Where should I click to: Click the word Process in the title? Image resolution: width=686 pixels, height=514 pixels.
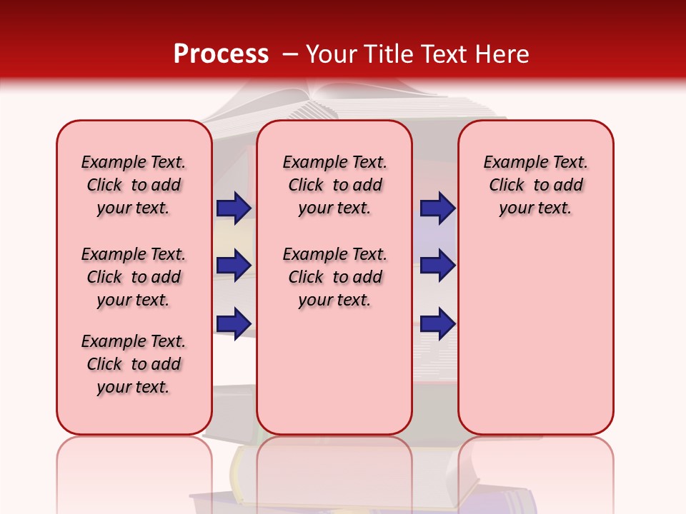click(x=221, y=54)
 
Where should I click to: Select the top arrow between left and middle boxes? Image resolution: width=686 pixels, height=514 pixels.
click(x=234, y=208)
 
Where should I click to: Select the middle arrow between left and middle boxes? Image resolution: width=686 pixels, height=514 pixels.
click(x=234, y=266)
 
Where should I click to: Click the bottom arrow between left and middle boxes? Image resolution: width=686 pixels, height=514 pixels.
click(x=234, y=323)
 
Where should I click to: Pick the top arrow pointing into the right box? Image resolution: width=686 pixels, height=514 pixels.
click(x=437, y=208)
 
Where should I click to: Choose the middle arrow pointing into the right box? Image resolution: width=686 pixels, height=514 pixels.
click(x=437, y=266)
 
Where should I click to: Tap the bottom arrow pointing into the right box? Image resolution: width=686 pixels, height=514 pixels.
click(x=437, y=323)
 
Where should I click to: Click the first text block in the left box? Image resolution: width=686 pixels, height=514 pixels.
click(x=134, y=185)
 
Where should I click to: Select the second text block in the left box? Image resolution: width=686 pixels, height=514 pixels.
click(x=134, y=277)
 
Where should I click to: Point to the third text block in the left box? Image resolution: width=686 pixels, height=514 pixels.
click(x=134, y=364)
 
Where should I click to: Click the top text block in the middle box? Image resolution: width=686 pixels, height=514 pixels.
click(x=334, y=185)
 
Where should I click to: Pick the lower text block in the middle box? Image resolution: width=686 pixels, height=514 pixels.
click(x=334, y=277)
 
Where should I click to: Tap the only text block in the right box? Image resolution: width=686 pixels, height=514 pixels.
click(x=535, y=185)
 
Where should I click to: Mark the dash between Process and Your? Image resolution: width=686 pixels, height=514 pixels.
click(x=290, y=54)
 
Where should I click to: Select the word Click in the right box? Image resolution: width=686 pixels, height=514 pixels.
click(x=507, y=186)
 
